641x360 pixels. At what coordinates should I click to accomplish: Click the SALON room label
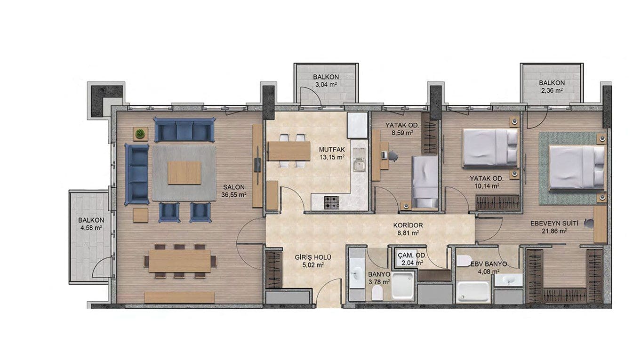pos(234,191)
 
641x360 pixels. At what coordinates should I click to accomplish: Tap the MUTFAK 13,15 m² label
pos(332,153)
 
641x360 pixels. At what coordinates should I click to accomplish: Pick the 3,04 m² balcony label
pos(326,80)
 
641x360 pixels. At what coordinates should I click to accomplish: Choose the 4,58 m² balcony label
pos(91,224)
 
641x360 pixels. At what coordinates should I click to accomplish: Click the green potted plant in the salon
pos(140,134)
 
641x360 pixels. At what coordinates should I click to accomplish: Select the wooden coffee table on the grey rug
pos(184,173)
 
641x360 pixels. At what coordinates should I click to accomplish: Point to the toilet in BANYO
pos(377,293)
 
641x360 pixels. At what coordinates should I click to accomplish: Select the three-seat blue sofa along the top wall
pos(184,129)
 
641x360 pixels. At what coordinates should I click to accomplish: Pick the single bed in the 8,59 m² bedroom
pos(425,182)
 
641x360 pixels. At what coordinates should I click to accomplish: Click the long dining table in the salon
pos(180,261)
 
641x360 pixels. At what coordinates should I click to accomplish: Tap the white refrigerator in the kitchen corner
pos(357,125)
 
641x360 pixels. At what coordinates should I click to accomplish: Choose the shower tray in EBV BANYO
pos(474,292)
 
